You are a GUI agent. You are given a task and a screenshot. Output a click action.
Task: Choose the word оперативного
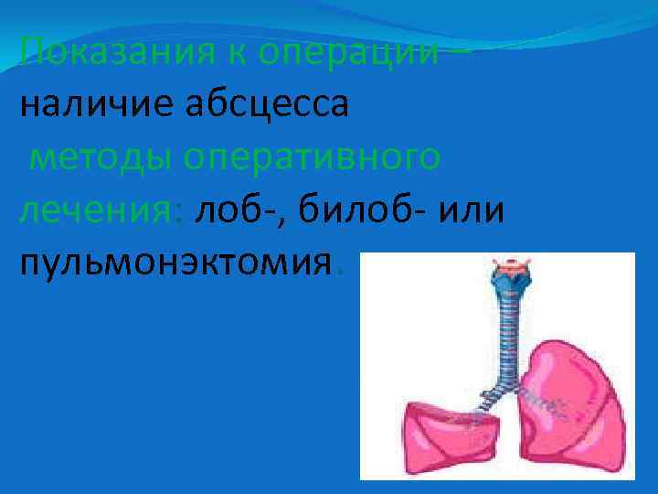313,157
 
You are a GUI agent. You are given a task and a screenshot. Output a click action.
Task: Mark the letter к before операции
235,51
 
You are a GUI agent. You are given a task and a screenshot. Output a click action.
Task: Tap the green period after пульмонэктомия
340,271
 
